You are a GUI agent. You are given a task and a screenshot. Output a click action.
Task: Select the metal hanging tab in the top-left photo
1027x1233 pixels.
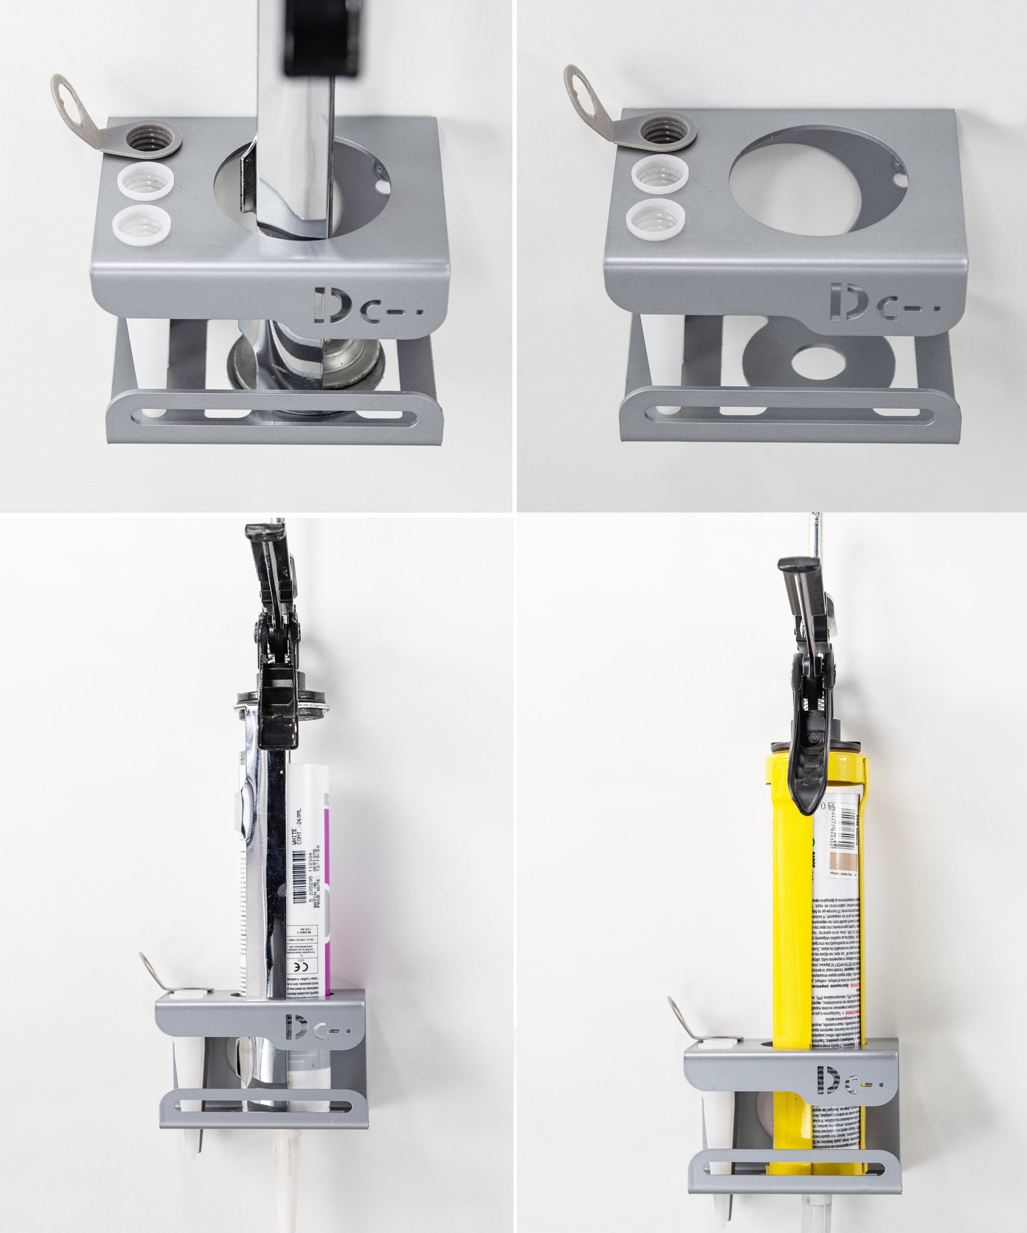point(72,110)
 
